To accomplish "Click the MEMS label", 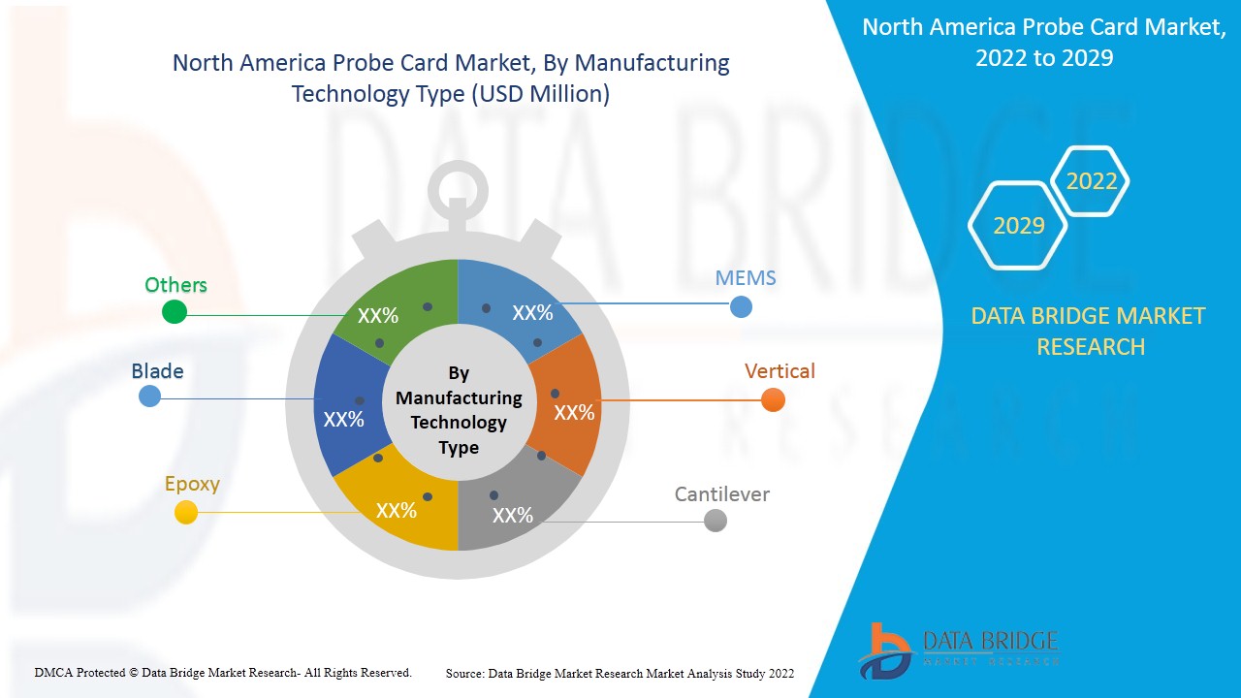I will point(746,278).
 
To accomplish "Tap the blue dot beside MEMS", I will point(741,306).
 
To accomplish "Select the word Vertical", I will point(780,371).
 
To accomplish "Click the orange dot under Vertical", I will point(773,399).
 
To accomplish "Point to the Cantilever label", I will point(721,494).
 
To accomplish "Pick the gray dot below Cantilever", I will point(716,521).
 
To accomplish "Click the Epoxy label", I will point(192,484).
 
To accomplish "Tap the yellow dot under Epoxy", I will point(185,512).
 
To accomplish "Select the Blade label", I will point(157,371).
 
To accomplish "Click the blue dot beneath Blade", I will point(149,396).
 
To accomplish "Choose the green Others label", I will point(175,285).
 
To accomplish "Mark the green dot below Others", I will point(174,311).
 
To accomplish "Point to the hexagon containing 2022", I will point(1091,181).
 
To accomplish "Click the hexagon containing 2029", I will point(1018,226).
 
